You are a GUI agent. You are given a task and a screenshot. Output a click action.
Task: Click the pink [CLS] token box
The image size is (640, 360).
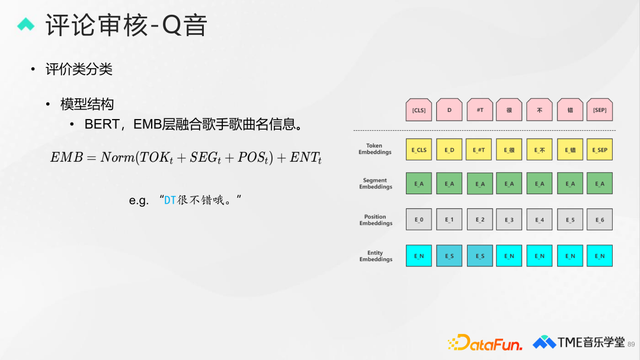419,109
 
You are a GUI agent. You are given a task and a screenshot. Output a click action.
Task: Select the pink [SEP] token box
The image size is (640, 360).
600,109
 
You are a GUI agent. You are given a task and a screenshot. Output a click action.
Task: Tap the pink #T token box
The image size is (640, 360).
479,109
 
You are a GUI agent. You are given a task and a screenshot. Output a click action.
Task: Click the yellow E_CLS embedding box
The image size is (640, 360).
419,149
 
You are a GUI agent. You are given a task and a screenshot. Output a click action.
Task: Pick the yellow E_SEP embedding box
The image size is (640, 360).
600,149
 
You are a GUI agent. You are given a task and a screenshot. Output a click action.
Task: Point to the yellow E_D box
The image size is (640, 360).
449,149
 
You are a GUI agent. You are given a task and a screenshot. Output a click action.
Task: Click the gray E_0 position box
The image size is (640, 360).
419,219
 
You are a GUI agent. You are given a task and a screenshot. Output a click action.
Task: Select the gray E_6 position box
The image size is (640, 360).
600,219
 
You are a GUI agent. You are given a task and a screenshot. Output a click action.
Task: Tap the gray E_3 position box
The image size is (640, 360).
510,219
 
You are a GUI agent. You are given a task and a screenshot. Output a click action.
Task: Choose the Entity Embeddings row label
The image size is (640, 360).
375,256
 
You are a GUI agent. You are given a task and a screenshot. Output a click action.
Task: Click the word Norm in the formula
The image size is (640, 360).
121,158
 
